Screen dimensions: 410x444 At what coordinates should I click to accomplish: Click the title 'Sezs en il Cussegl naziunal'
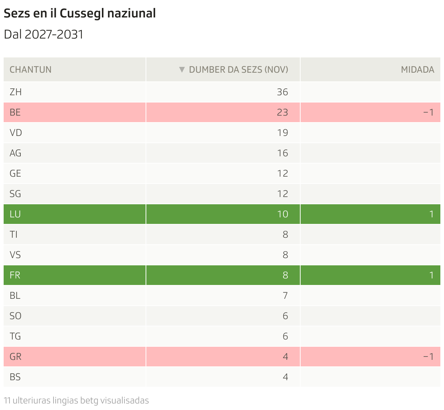pos(79,13)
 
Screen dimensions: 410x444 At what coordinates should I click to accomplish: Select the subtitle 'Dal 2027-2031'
pos(43,35)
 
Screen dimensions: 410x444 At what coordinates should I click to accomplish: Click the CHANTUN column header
pos(30,69)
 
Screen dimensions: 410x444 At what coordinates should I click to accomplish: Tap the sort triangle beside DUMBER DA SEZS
pos(182,69)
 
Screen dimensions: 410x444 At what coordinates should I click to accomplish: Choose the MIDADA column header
pos(417,69)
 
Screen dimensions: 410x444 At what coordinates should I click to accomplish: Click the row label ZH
pos(16,92)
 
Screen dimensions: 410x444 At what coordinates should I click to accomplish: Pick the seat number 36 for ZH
pos(282,92)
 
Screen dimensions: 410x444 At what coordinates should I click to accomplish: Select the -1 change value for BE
pos(428,112)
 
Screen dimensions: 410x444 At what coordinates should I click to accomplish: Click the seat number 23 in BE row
pos(282,112)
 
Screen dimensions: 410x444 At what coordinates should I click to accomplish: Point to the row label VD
pos(16,133)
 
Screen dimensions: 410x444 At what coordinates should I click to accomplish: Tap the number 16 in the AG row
pos(282,153)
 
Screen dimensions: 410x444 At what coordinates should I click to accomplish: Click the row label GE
pos(15,173)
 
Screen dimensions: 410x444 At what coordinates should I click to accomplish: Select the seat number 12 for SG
pos(282,194)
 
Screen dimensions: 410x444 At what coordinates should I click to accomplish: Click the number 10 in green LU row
pos(282,214)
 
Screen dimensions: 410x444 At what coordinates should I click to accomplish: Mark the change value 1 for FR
pos(431,275)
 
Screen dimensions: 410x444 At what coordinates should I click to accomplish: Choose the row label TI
pos(13,234)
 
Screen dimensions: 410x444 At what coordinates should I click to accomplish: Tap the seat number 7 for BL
pos(285,296)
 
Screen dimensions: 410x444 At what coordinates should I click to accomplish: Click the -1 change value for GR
pos(428,357)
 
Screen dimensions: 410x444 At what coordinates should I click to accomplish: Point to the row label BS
pos(15,377)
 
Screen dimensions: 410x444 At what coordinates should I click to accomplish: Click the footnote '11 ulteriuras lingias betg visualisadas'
pos(76,401)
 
